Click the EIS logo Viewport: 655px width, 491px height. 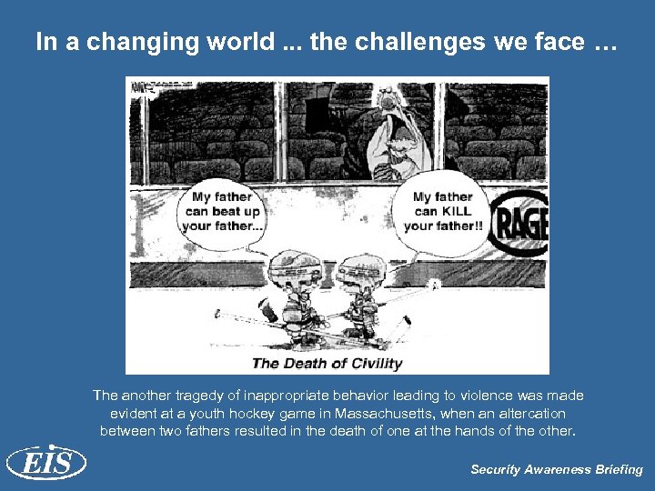click(45, 464)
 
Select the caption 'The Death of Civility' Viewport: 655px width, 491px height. click(327, 364)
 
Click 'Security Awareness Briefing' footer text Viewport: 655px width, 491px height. click(556, 470)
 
